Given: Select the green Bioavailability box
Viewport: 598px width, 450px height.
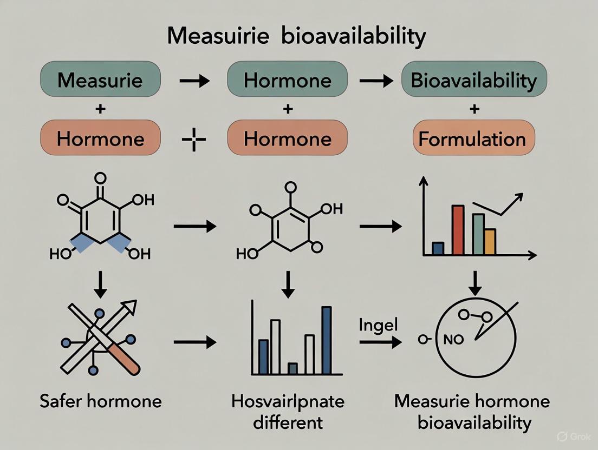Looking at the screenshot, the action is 474,80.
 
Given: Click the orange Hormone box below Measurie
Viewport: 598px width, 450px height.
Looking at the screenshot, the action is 100,139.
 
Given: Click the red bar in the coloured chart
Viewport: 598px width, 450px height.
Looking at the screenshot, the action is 458,230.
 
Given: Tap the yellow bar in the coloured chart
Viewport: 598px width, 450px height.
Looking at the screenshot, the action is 490,241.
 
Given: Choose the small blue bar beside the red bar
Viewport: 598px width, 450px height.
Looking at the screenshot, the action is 438,248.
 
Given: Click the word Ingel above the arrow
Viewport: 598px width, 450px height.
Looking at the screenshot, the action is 378,325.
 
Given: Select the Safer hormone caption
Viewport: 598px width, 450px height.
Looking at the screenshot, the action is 101,401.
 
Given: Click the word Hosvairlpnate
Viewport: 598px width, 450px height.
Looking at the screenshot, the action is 288,401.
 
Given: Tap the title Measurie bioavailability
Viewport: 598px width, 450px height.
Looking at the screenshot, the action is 296,36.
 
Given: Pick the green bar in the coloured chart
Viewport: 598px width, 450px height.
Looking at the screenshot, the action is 478,234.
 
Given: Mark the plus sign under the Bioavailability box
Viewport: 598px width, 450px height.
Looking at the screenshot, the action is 474,109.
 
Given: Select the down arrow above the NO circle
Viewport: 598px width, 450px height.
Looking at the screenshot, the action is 474,281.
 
